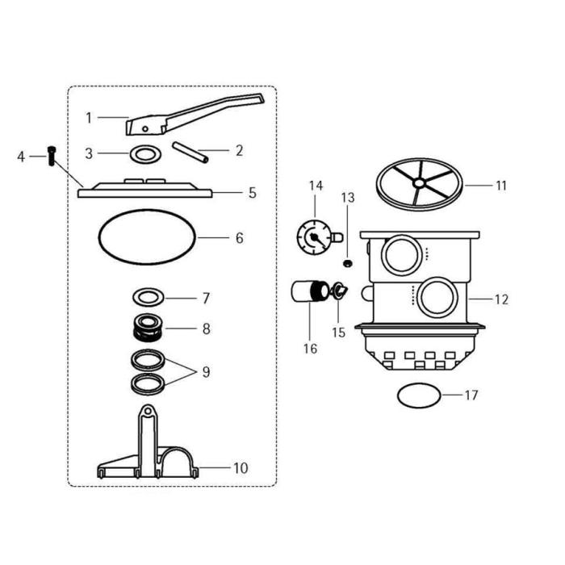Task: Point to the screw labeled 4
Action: pyautogui.click(x=52, y=155)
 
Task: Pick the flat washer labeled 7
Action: pyautogui.click(x=149, y=298)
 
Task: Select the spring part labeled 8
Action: pyautogui.click(x=149, y=328)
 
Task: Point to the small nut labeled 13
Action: pyautogui.click(x=347, y=263)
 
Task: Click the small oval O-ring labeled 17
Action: pyautogui.click(x=420, y=395)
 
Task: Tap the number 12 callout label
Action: pyautogui.click(x=501, y=299)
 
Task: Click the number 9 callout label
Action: pyautogui.click(x=206, y=372)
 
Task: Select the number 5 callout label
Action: pyautogui.click(x=252, y=193)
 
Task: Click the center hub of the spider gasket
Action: pyautogui.click(x=418, y=184)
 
